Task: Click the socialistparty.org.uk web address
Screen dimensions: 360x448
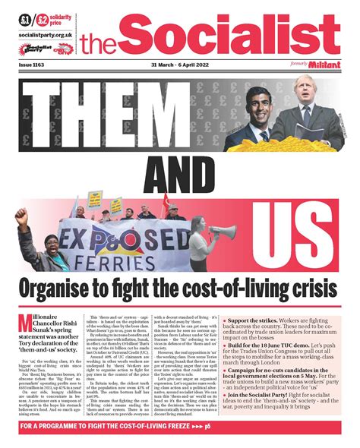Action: coord(46,35)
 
